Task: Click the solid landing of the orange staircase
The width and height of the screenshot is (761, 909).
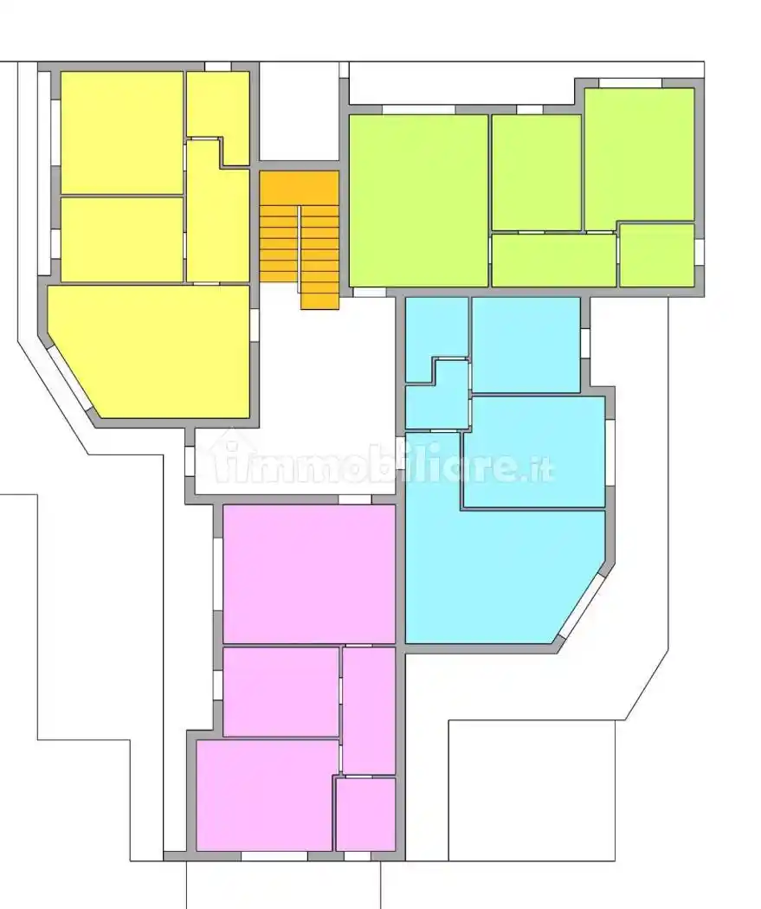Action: [x=299, y=188]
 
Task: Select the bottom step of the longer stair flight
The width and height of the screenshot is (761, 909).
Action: [x=319, y=304]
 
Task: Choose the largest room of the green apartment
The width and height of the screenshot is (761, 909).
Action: [x=418, y=200]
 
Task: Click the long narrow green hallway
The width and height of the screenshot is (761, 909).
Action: [x=553, y=260]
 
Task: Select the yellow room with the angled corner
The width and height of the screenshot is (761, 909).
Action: [x=148, y=351]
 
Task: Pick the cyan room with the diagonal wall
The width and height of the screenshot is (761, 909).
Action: [x=504, y=577]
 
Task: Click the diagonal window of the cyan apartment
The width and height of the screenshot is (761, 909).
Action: [x=581, y=604]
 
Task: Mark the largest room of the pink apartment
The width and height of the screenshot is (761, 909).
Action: [x=309, y=574]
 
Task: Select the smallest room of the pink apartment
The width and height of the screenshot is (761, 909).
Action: [x=365, y=814]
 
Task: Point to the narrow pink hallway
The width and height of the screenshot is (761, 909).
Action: [x=369, y=710]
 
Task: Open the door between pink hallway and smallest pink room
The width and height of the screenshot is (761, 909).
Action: [x=358, y=776]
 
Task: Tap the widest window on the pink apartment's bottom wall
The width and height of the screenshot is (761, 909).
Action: [x=274, y=856]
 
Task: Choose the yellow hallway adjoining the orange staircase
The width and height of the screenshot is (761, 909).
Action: [x=218, y=211]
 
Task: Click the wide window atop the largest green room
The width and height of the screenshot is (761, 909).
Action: [x=419, y=110]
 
